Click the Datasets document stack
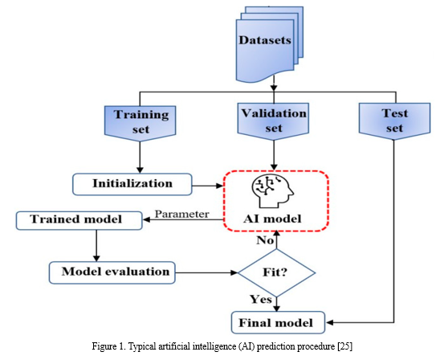coord(270,44)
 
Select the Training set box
coord(140,123)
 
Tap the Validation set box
coord(273,121)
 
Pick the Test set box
coord(394,121)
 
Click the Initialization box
coord(132,184)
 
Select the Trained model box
coord(79,220)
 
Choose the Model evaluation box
coord(112,272)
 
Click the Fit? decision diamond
coord(276,272)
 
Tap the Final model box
coord(278,322)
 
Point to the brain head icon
coord(273,191)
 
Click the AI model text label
coord(272,219)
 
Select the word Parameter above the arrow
coord(181,215)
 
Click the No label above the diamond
coord(265,240)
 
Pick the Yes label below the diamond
coord(261,300)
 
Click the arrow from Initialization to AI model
coord(208,186)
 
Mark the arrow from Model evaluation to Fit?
coord(206,272)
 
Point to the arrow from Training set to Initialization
coord(140,157)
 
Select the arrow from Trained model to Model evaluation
coord(96,246)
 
